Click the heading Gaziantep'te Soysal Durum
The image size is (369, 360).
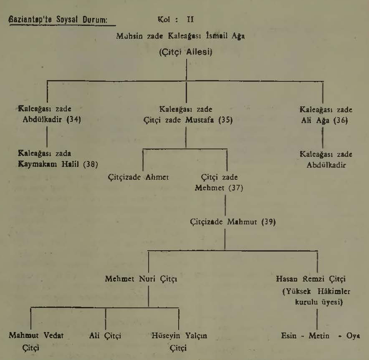pyautogui.click(x=58, y=20)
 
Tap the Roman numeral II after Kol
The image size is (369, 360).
pyautogui.click(x=190, y=19)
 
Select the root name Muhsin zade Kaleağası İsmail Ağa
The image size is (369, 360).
pyautogui.click(x=180, y=36)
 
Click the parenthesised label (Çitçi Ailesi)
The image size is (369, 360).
pyautogui.click(x=186, y=52)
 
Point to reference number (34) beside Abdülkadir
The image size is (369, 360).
pyautogui.click(x=74, y=119)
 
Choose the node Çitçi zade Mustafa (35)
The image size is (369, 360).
pyautogui.click(x=188, y=120)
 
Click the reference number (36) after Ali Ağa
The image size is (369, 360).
pyautogui.click(x=341, y=121)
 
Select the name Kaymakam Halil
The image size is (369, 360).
pyautogui.click(x=48, y=164)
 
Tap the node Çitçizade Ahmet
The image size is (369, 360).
pyautogui.click(x=139, y=177)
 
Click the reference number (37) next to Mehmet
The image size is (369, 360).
pyautogui.click(x=236, y=188)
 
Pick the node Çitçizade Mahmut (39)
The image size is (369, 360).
pyautogui.click(x=233, y=222)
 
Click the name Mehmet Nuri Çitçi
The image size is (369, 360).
pyautogui.click(x=141, y=279)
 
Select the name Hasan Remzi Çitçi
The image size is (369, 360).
pyautogui.click(x=311, y=279)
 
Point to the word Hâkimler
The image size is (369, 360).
pyautogui.click(x=334, y=291)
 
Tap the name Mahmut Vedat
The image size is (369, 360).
pyautogui.click(x=36, y=335)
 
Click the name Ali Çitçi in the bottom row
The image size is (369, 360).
pyautogui.click(x=105, y=335)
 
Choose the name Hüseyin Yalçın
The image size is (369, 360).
pyautogui.click(x=179, y=335)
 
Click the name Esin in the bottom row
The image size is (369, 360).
pyautogui.click(x=289, y=335)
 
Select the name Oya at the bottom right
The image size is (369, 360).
pyautogui.click(x=353, y=335)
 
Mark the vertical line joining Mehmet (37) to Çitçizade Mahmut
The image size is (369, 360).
pyautogui.click(x=225, y=205)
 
